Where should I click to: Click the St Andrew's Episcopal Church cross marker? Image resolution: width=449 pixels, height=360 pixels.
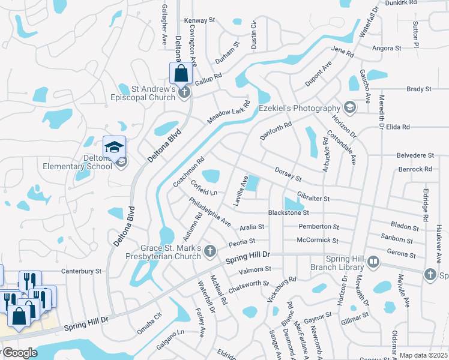click(185, 92)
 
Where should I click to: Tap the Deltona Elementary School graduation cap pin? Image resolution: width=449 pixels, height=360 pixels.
click(114, 146)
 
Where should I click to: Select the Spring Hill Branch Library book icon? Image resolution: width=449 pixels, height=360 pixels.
click(373, 262)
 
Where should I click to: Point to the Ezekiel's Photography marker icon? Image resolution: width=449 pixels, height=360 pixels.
click(349, 107)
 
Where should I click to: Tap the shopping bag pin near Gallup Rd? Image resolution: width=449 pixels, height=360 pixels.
click(181, 74)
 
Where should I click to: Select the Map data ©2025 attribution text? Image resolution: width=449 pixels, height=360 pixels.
click(423, 355)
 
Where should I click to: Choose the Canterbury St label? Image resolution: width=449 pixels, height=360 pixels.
click(82, 271)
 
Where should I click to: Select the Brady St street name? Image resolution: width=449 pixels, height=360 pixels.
click(419, 89)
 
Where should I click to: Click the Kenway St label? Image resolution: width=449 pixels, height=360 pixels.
click(199, 20)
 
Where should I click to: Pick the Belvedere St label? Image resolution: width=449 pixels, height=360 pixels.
click(415, 155)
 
